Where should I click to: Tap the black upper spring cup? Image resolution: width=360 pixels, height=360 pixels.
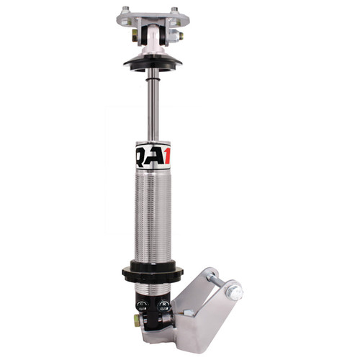[x=150, y=63]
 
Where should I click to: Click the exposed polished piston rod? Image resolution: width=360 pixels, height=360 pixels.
[x=152, y=104]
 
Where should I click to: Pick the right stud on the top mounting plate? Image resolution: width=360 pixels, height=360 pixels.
[x=175, y=9]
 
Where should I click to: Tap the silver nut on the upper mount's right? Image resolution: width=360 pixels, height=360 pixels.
[x=178, y=35]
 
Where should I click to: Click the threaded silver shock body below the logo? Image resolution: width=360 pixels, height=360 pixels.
[x=152, y=216]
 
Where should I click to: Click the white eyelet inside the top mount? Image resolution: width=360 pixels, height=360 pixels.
[x=152, y=35]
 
